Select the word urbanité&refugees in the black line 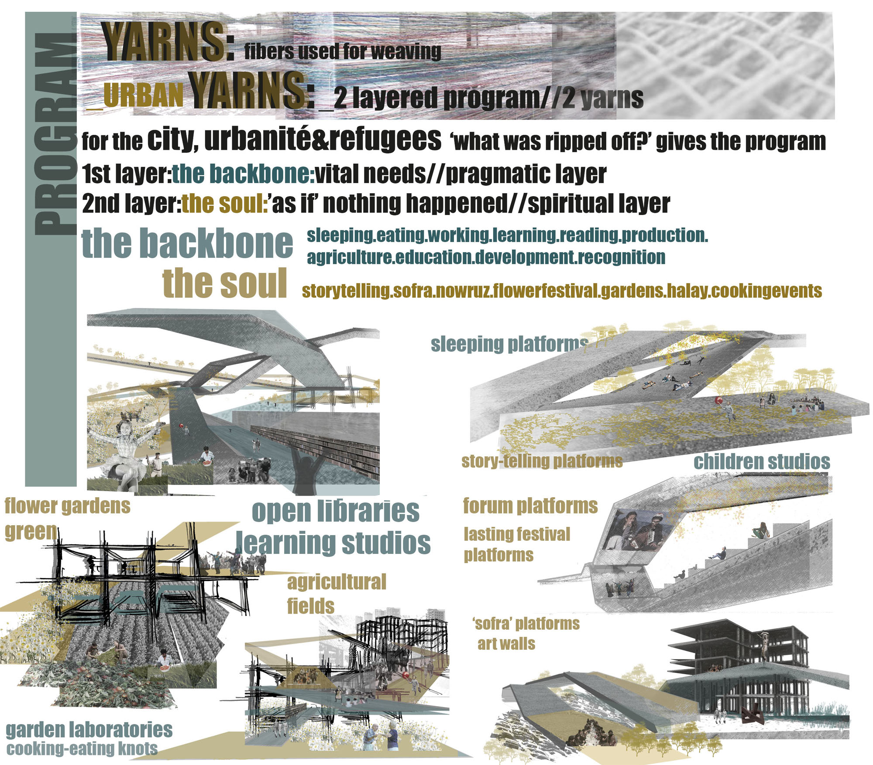(323, 140)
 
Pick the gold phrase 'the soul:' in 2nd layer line (225, 204)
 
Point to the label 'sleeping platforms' (509, 345)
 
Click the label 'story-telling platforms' (542, 461)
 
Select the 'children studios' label (762, 462)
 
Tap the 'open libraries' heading (335, 511)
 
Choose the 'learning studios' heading (333, 543)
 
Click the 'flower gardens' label (67, 506)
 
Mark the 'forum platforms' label (530, 506)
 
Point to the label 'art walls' (506, 644)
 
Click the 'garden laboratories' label (89, 730)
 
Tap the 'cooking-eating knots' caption (82, 748)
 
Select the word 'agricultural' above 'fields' (337, 582)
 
